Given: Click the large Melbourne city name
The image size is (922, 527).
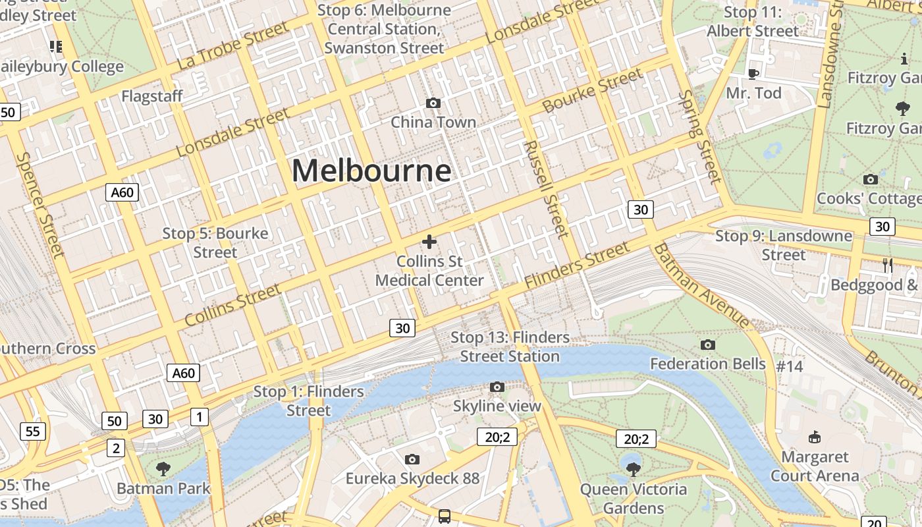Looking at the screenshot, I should [x=371, y=171].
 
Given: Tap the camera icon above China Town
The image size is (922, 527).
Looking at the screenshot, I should [x=433, y=103].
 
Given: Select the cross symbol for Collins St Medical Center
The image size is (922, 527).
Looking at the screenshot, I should [x=429, y=242].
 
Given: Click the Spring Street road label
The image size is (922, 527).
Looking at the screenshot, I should [x=699, y=136].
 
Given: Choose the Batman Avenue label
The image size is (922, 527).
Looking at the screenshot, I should [x=702, y=285].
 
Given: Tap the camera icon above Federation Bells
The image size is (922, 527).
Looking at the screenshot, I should [x=708, y=345].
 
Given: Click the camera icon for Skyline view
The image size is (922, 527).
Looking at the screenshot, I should [x=497, y=387].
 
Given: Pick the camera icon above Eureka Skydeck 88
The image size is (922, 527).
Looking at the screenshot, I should [x=412, y=459].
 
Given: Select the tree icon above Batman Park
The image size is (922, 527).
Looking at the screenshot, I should [x=163, y=469].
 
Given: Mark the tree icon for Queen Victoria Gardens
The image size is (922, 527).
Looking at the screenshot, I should [x=634, y=470].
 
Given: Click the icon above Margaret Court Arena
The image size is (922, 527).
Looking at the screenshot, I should [x=815, y=437].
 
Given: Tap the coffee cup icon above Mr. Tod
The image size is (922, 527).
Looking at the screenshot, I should [x=753, y=74].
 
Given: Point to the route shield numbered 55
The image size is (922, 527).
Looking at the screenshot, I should [x=33, y=431].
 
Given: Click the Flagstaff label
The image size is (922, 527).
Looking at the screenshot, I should [x=152, y=97].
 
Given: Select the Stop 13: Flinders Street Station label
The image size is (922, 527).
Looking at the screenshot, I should [x=510, y=347].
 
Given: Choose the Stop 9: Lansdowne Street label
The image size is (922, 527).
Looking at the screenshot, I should [x=784, y=245].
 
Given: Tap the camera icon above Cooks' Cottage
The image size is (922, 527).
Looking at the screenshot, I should [x=870, y=179].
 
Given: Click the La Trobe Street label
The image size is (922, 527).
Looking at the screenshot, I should [x=233, y=45].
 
